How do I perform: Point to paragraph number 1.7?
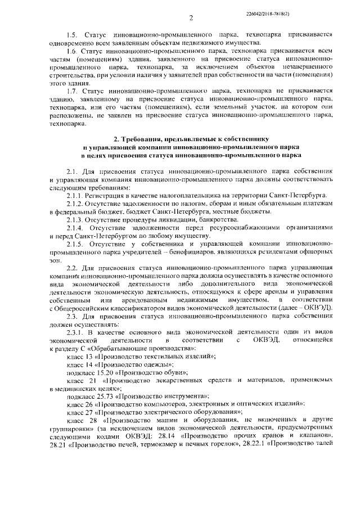click(x=72, y=90)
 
